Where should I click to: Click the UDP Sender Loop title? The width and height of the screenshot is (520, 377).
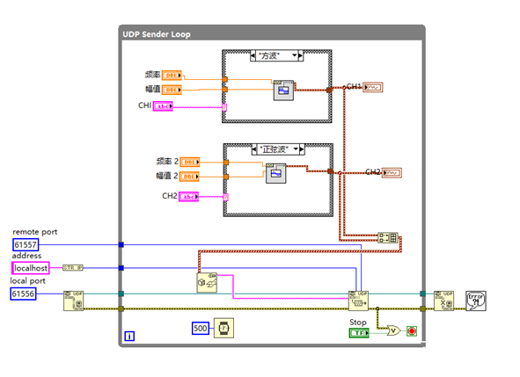point(156,34)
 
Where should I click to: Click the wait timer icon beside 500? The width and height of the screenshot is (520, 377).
point(224,328)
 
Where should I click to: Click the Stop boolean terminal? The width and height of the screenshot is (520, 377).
point(358,332)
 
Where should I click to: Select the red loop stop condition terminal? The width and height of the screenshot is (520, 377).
point(411,331)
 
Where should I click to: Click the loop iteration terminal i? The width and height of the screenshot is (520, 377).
point(129,336)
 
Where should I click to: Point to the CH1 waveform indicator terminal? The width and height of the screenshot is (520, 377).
point(373,87)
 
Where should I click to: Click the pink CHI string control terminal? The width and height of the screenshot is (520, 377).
point(164,106)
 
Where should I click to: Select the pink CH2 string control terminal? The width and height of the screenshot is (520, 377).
point(190,197)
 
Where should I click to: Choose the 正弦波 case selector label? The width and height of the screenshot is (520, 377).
point(276,150)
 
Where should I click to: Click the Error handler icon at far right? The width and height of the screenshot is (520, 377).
point(476,300)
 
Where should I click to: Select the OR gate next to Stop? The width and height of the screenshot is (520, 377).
point(393,330)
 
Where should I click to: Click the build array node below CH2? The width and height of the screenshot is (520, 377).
point(386,237)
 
